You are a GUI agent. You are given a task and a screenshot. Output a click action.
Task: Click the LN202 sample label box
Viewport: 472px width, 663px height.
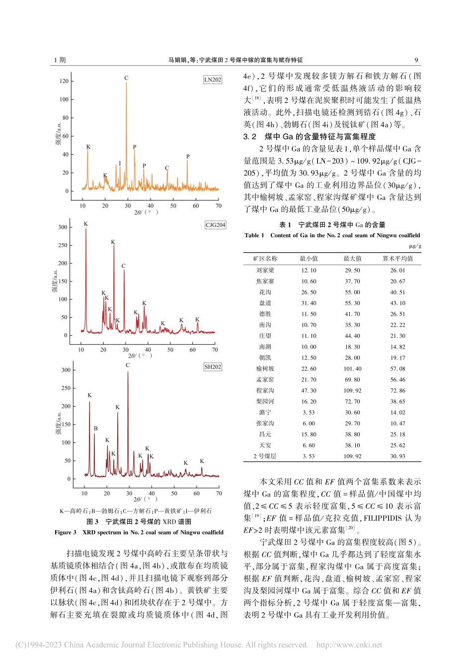(x=213, y=80)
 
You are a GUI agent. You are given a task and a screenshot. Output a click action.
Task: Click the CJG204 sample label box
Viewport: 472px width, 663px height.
(x=215, y=225)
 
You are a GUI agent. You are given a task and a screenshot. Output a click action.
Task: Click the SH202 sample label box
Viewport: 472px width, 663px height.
(x=213, y=367)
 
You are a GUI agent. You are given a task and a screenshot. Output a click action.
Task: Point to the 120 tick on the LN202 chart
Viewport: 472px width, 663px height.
(x=64, y=81)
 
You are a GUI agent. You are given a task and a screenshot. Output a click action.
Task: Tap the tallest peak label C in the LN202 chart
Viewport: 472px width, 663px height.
(x=126, y=78)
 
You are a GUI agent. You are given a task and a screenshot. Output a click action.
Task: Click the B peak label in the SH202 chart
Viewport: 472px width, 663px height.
(x=95, y=428)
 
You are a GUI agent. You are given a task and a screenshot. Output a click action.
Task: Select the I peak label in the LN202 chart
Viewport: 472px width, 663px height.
(x=120, y=163)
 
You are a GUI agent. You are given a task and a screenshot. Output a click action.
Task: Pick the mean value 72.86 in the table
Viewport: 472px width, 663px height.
(x=397, y=390)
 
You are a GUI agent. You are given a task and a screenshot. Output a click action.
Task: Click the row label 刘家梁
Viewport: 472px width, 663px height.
(x=265, y=270)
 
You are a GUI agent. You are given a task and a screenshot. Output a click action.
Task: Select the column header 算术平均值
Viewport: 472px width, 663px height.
(x=397, y=258)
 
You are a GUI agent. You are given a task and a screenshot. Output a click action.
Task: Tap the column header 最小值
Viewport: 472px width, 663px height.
(x=309, y=258)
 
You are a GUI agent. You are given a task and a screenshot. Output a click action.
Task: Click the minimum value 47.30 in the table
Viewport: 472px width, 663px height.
(x=309, y=390)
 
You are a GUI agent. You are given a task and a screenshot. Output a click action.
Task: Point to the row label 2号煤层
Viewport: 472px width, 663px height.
(x=265, y=456)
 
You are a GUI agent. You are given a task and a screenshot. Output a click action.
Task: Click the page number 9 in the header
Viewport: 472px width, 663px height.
(x=416, y=60)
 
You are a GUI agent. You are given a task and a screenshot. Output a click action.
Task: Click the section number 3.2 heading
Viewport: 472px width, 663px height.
(x=250, y=136)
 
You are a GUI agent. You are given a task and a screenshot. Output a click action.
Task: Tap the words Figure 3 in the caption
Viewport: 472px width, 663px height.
(x=66, y=532)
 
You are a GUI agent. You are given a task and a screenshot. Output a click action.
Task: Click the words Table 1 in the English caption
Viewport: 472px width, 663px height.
(x=254, y=235)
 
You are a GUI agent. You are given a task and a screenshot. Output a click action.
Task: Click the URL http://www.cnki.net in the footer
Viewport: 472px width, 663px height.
(x=349, y=645)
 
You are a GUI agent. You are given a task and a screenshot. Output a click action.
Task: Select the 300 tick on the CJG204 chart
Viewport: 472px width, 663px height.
(x=63, y=227)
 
